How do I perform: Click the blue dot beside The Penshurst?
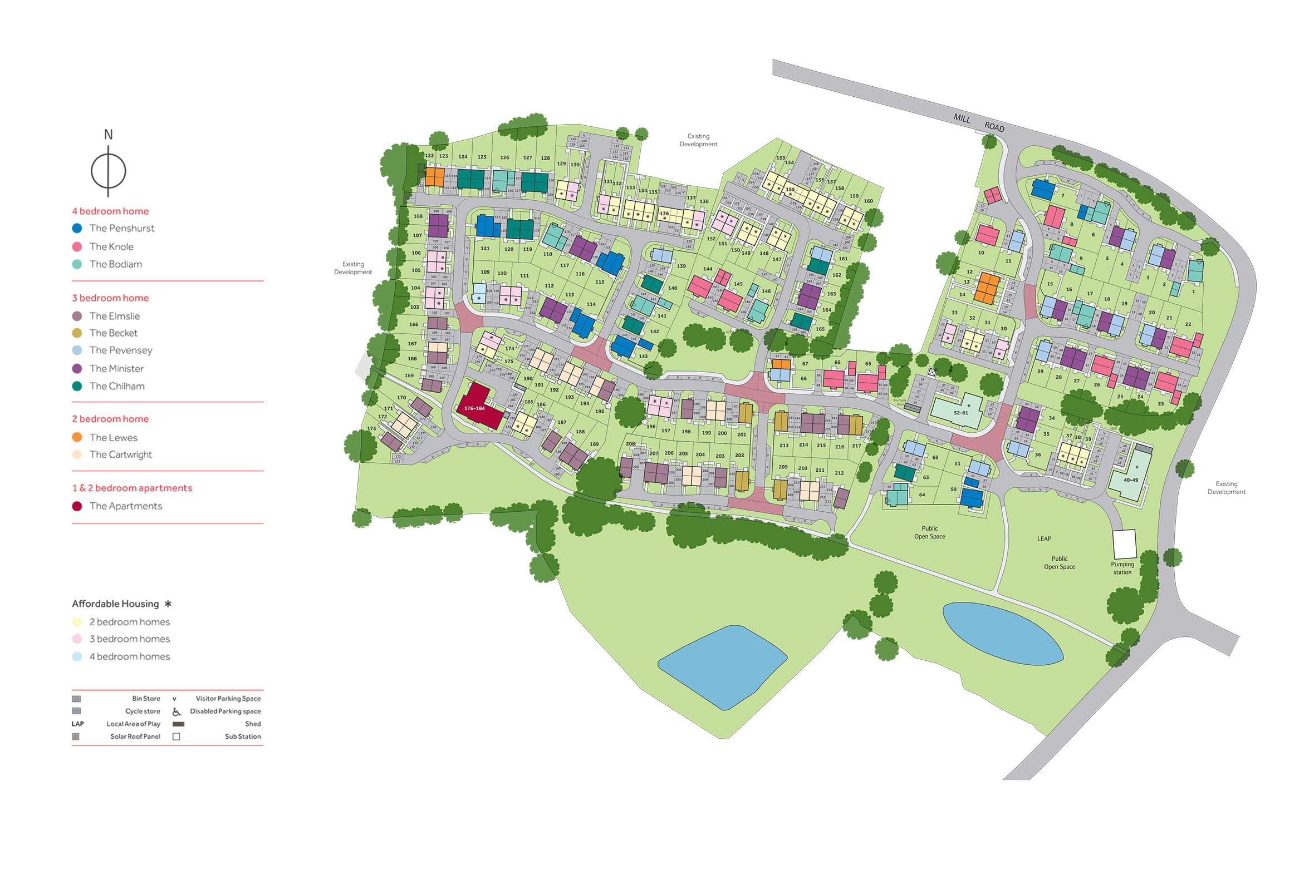(77, 228)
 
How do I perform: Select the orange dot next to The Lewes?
(77, 437)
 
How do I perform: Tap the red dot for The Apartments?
(77, 506)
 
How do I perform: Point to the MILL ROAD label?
(978, 123)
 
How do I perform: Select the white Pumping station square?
(1124, 544)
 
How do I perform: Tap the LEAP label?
(1044, 539)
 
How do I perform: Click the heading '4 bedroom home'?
(111, 211)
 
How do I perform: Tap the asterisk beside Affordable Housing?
(168, 604)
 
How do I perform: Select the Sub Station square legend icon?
(176, 736)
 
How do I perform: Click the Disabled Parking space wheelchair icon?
(176, 711)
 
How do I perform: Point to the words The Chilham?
(117, 386)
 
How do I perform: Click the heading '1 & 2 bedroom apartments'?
(132, 488)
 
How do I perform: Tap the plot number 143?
(643, 356)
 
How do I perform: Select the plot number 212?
(839, 473)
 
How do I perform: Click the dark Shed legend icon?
(179, 724)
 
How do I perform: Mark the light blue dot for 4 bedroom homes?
(77, 657)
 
